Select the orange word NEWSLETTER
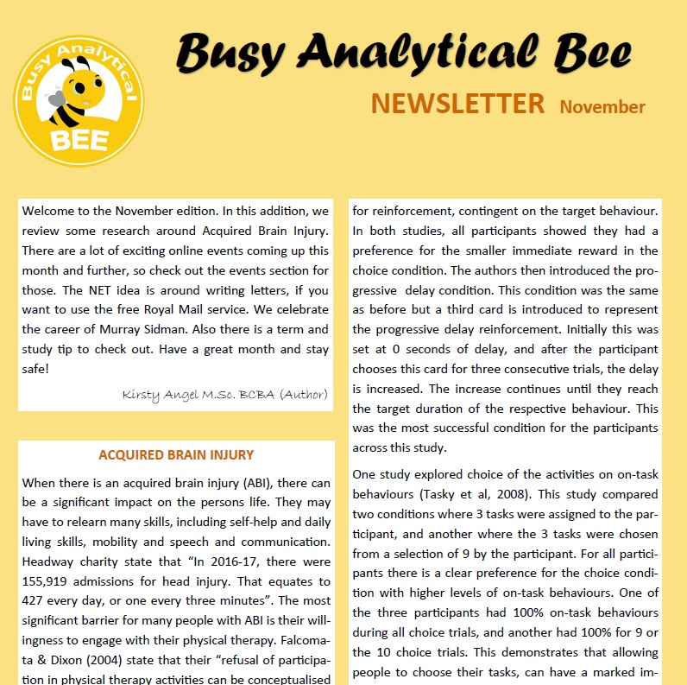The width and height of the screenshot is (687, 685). click(457, 104)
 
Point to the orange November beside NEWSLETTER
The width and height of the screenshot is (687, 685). click(602, 107)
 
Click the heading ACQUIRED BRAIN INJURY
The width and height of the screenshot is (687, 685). click(176, 454)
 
